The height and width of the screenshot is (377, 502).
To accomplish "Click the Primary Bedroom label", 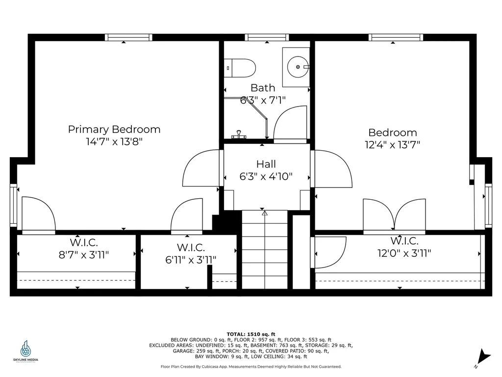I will (114, 130).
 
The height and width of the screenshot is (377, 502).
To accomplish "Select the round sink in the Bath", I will (297, 67).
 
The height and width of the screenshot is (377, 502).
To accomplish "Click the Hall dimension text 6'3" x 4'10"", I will (266, 176).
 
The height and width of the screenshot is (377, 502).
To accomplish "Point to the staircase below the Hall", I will (264, 250).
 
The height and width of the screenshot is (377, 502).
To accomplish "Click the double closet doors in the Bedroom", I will (394, 215).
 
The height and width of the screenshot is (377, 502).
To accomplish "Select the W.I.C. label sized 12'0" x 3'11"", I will (404, 241).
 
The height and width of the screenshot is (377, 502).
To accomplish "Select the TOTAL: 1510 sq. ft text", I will (251, 334).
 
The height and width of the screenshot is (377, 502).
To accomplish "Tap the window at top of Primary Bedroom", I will (128, 37).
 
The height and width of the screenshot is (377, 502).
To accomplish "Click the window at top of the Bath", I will (267, 37).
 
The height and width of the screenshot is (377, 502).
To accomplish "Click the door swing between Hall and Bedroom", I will (332, 168).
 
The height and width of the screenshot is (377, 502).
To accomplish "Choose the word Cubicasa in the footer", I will (228, 367).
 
